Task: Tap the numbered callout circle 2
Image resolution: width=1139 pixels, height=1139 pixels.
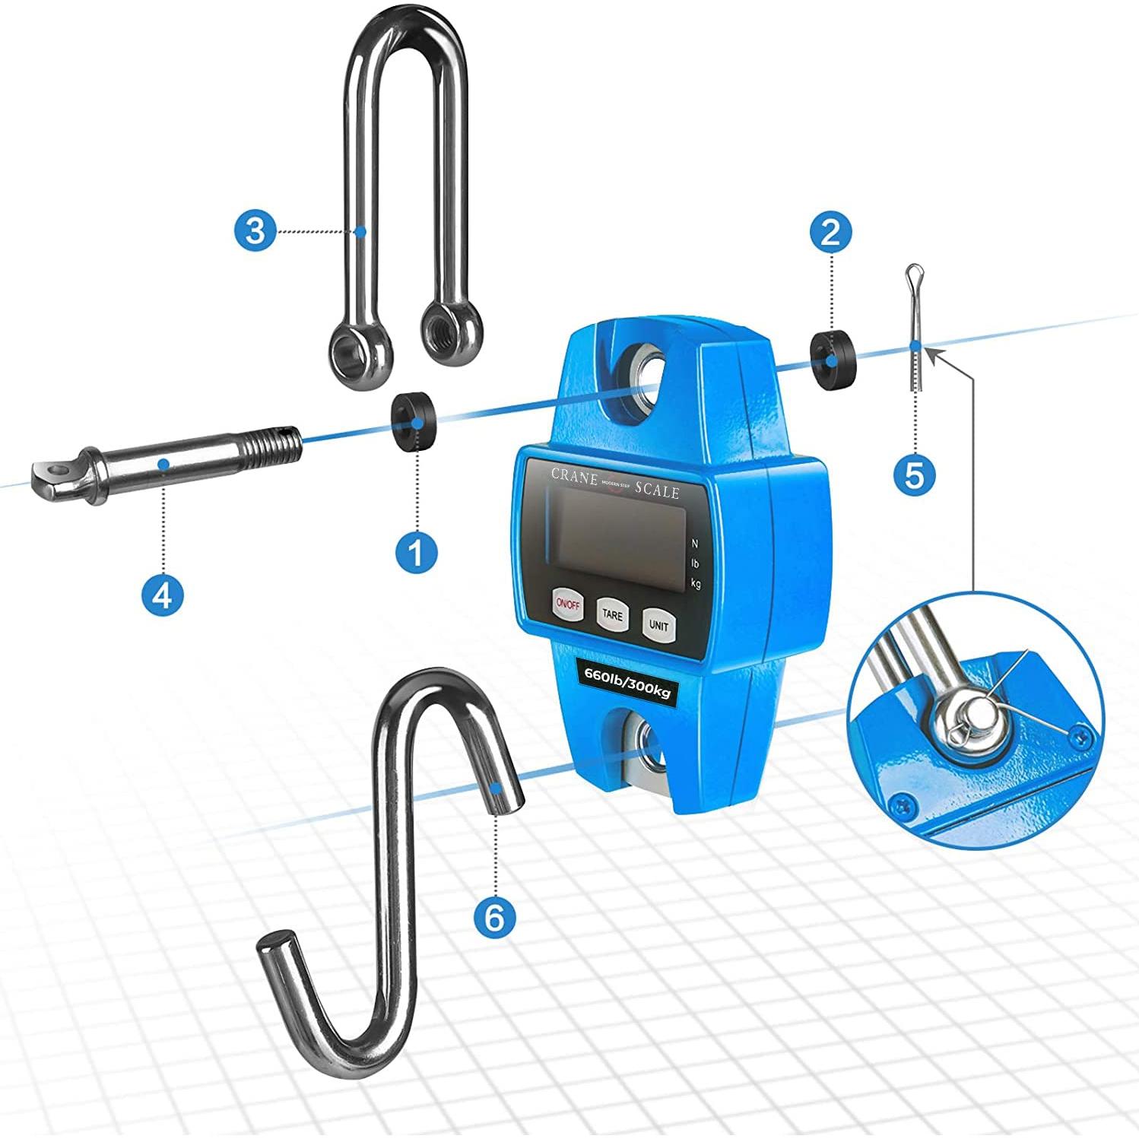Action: click(x=830, y=230)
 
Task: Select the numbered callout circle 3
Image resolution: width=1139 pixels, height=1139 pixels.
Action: click(x=255, y=230)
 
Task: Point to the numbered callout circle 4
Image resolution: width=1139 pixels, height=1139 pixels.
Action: click(x=163, y=595)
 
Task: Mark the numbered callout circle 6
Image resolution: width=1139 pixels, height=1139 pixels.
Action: click(x=494, y=918)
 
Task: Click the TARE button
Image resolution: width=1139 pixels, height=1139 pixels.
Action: click(x=612, y=614)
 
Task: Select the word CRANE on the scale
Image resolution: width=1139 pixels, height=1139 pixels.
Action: click(x=574, y=476)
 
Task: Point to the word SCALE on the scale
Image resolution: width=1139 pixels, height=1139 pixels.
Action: click(x=658, y=490)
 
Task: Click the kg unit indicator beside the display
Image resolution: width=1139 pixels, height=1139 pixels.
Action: click(x=695, y=583)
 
